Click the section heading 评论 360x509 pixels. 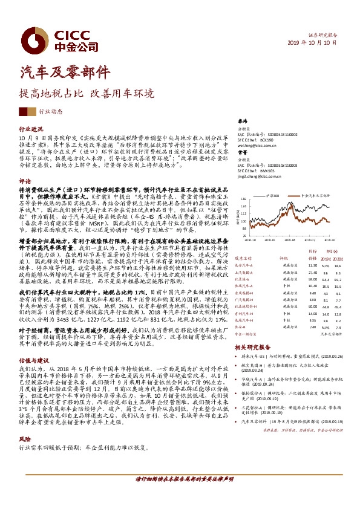(x=25, y=181)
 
